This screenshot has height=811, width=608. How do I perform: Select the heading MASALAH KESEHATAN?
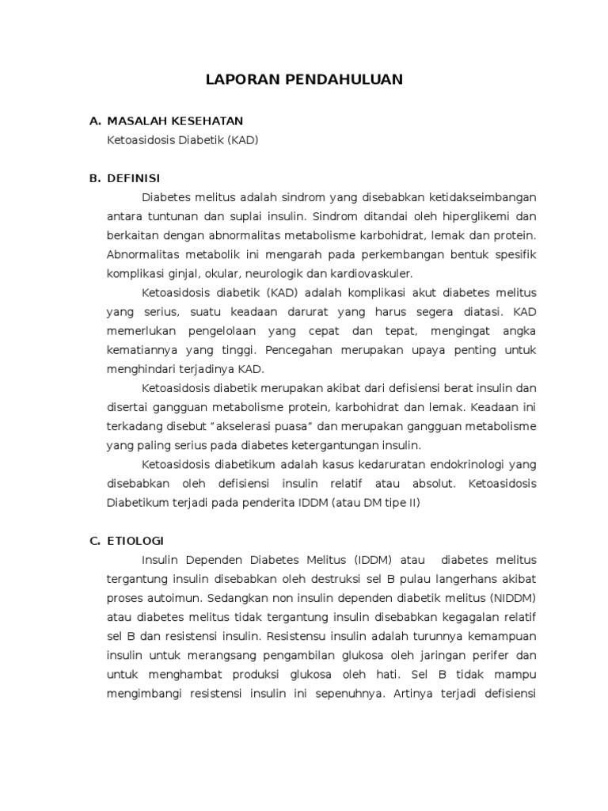tap(175, 120)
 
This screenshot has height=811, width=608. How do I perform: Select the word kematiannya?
tap(138, 349)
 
